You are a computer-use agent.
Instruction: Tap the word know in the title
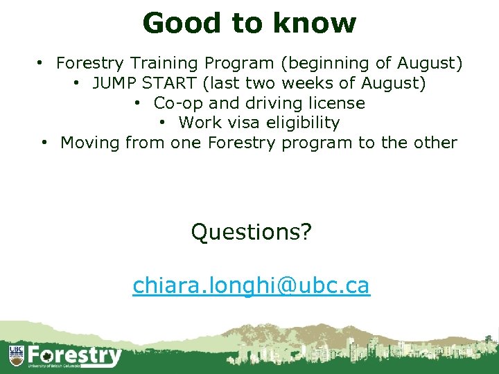pos(315,23)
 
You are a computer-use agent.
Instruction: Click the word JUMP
pos(114,84)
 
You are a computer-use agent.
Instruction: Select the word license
pos(335,103)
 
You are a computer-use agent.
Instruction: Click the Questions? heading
pos(251,232)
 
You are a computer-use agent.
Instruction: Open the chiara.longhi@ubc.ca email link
pos(251,285)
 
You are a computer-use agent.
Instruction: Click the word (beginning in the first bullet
pos(316,64)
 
